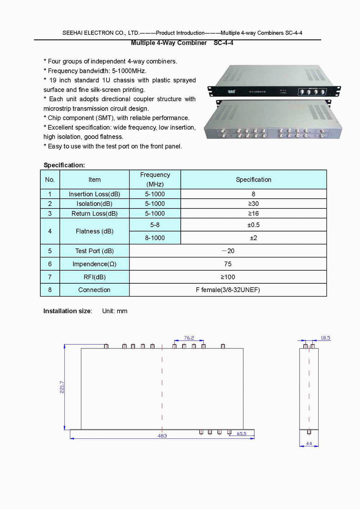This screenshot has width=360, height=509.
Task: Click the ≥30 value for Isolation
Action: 253,204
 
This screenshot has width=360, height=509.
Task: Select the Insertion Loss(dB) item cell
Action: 94,194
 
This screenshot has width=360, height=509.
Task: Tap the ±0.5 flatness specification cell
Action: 253,225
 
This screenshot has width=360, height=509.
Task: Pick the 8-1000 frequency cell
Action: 155,238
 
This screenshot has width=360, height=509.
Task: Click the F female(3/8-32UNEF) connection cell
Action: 228,290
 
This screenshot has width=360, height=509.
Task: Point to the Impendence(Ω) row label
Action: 94,264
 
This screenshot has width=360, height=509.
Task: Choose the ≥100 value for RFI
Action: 228,277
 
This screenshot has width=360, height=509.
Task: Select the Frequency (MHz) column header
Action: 155,179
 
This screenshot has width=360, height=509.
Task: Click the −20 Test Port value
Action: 228,251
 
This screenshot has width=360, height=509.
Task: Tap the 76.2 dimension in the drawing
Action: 189,338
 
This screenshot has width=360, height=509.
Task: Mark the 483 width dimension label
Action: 162,436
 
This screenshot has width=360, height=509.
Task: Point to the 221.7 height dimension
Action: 62,387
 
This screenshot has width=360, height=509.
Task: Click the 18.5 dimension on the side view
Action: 325,338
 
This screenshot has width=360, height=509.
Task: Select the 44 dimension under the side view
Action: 309,443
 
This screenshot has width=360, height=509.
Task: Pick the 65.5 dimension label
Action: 242,434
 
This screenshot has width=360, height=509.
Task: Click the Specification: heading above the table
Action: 64,165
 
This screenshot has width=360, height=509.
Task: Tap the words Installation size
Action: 67,311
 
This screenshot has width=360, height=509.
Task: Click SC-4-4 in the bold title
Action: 223,43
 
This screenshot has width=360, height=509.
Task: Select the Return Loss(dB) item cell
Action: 94,213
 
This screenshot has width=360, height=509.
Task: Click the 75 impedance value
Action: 228,264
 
